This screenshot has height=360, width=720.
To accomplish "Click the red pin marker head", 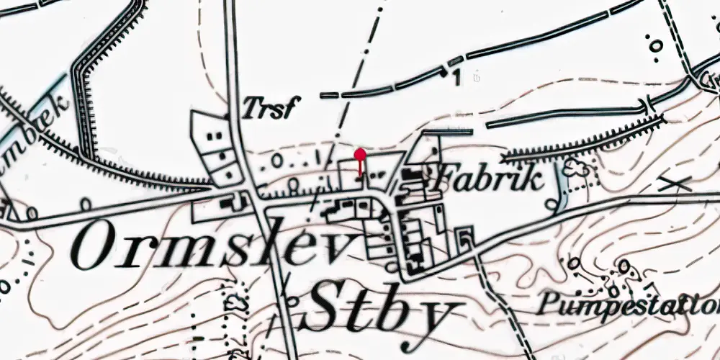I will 360,153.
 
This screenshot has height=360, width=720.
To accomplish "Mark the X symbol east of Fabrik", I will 674,183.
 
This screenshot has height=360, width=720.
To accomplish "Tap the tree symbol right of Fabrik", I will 577,169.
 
